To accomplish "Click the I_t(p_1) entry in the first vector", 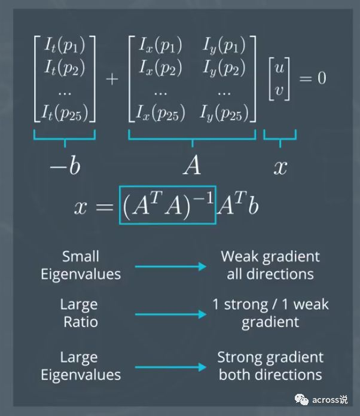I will coord(65,46).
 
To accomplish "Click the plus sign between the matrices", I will coord(112,79).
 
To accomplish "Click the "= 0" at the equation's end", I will coord(312,79).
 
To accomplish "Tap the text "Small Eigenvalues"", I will coord(80,265).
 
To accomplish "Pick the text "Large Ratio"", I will coord(78,313).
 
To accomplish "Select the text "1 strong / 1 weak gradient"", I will coord(270,313).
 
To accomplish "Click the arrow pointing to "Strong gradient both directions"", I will coord(170,366).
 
